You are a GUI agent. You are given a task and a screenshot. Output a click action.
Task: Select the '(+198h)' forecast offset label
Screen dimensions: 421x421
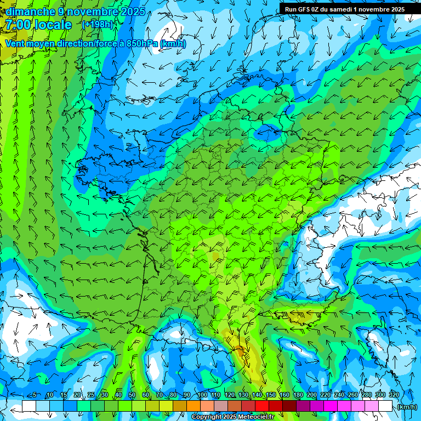[98, 25]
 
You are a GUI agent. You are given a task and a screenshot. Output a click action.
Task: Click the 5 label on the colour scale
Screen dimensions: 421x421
[35, 395]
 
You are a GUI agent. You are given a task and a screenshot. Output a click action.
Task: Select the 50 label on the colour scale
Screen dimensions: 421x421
[132, 395]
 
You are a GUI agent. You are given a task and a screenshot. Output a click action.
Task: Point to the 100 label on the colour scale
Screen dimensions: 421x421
[202, 395]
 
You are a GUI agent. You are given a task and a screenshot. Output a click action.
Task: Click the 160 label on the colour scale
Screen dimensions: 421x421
[284, 395]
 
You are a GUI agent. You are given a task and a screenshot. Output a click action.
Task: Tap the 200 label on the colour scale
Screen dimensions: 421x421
[311, 395]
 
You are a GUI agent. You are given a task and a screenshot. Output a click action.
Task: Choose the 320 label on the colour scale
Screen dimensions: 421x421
[394, 395]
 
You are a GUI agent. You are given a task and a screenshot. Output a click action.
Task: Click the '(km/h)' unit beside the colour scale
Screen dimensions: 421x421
[407, 407]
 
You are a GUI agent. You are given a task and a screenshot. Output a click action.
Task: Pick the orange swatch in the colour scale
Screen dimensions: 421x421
[194, 406]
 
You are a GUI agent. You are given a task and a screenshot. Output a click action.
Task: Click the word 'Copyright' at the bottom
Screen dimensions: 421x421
[207, 417]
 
